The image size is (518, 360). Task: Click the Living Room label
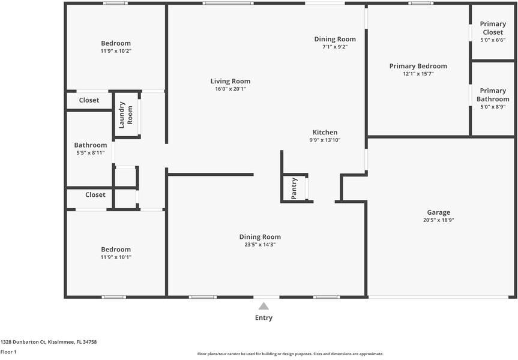[230, 81]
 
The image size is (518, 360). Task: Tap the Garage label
[438, 212]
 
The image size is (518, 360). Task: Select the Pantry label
[294, 188]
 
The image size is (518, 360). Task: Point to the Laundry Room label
[125, 115]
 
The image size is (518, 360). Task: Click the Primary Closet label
[493, 28]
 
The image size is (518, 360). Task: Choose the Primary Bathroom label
[493, 95]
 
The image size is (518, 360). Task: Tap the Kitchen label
[325, 133]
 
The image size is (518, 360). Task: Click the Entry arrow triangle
[264, 306]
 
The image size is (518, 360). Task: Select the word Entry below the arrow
[264, 318]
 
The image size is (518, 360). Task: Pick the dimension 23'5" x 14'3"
[260, 245]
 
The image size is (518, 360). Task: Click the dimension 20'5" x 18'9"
[438, 220]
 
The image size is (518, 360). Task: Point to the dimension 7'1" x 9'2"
[335, 47]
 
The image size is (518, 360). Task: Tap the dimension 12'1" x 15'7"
[418, 74]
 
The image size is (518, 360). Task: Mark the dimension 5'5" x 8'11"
[91, 152]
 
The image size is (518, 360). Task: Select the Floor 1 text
[8, 352]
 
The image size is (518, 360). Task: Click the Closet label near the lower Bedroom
[95, 195]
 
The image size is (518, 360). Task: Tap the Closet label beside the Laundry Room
[89, 100]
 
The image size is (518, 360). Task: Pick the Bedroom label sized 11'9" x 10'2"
[116, 43]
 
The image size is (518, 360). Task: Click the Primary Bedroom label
[418, 66]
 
